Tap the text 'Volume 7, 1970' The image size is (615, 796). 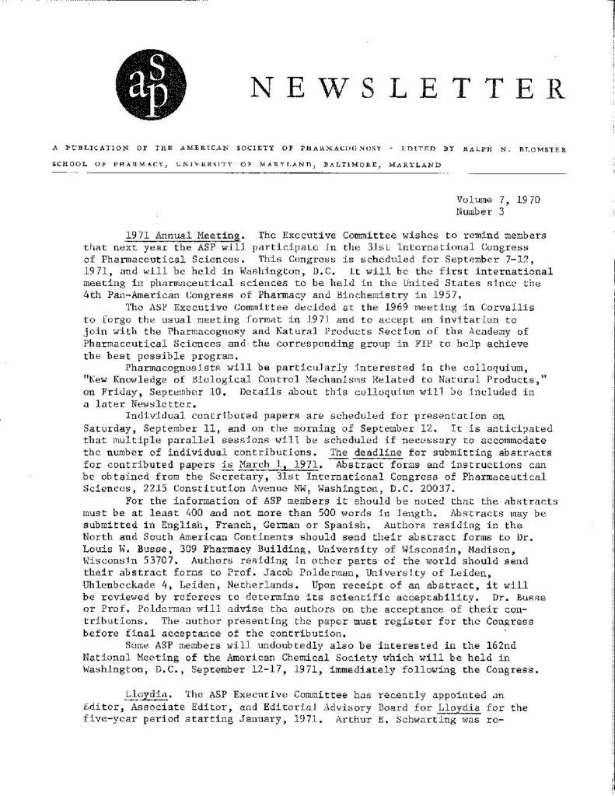coord(498,199)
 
